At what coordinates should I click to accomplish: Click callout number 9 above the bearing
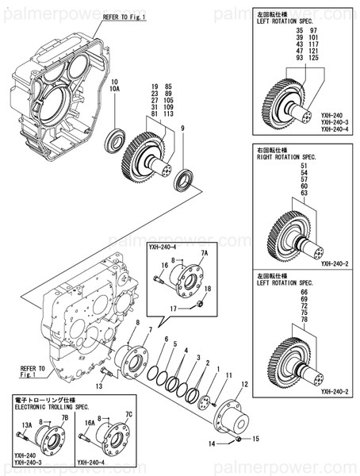(182, 129)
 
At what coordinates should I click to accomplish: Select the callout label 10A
(115, 90)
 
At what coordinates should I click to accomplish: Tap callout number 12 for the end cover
(244, 384)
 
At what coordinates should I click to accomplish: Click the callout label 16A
(90, 424)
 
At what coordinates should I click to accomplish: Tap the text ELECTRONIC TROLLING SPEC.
(48, 402)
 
